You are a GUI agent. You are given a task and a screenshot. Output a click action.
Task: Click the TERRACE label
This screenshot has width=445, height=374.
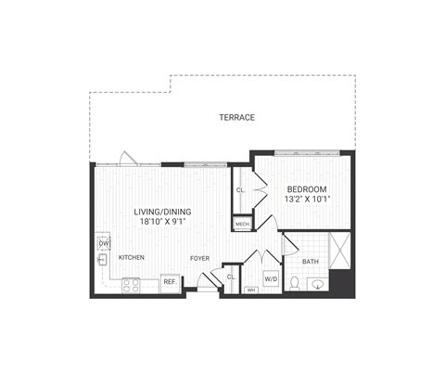pos(236,118)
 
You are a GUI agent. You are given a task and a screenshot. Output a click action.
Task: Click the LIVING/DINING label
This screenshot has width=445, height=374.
pos(161,212)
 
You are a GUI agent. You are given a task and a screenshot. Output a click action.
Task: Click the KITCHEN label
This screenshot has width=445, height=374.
pos(131,257)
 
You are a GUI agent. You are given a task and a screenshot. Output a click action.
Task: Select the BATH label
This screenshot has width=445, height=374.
pos(310,261)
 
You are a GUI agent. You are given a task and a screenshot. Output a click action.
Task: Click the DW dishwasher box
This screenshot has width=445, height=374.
pos(104,243)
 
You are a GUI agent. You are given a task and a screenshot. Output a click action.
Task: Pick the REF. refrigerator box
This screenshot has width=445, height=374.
pos(170,281)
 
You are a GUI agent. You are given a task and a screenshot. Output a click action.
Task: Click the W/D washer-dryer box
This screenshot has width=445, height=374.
pos(271,277)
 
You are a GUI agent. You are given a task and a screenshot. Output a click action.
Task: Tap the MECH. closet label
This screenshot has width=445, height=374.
pos(242,225)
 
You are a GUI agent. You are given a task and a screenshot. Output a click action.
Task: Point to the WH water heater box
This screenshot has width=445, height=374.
pos(250,290)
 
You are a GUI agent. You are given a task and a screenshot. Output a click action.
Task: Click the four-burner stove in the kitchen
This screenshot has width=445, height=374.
pos(130,285)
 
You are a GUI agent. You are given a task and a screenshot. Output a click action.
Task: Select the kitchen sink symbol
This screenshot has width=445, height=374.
pos(103,261)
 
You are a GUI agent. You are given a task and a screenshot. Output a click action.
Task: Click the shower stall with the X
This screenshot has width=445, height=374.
pos(338,251)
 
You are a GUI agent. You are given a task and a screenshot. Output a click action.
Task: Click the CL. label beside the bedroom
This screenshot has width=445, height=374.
pos(240,190)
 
